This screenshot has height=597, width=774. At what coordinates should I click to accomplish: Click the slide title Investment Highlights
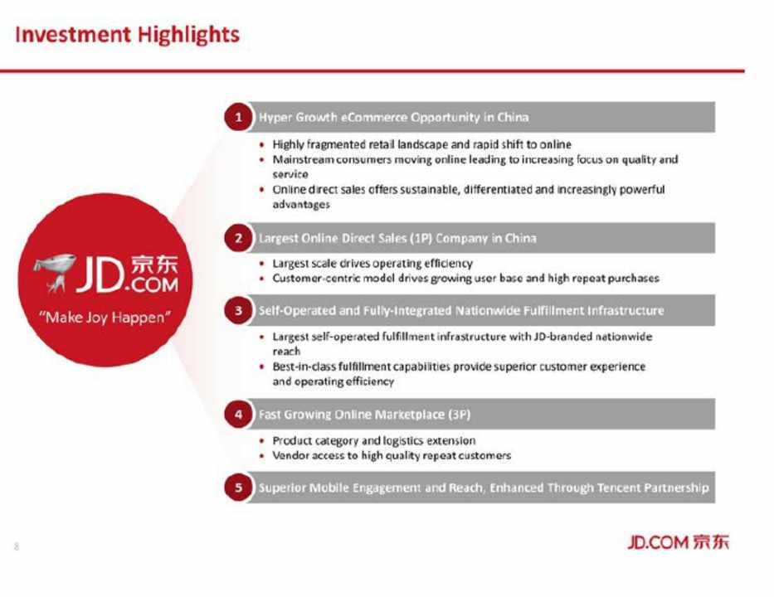tap(128, 35)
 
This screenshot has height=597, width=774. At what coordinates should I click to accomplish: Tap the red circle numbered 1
tap(238, 117)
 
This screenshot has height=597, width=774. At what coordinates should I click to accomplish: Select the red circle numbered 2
tap(238, 238)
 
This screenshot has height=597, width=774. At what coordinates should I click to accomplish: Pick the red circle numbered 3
tap(238, 310)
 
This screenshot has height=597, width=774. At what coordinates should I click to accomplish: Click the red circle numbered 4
tap(238, 414)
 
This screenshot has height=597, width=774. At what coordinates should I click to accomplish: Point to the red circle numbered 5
tap(238, 488)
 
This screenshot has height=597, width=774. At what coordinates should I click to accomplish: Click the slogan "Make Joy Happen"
tap(105, 318)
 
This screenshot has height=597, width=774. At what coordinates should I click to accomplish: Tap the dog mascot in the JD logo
tap(54, 273)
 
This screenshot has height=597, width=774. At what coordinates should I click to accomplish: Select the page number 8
tap(17, 546)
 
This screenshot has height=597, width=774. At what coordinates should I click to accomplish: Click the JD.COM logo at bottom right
tap(678, 542)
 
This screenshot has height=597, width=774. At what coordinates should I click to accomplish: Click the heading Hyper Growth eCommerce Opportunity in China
tap(393, 118)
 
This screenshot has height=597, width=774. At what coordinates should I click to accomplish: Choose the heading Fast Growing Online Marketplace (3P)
tap(364, 415)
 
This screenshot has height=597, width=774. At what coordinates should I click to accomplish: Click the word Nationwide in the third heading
tap(487, 311)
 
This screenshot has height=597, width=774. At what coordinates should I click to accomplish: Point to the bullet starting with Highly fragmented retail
tap(421, 144)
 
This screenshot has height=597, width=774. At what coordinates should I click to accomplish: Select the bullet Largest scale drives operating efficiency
tap(372, 264)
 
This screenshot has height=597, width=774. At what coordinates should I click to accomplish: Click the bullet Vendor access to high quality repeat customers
tap(392, 455)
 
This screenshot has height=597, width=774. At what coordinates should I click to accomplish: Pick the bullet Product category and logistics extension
tap(373, 440)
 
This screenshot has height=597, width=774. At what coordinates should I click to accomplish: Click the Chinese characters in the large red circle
tap(154, 265)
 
